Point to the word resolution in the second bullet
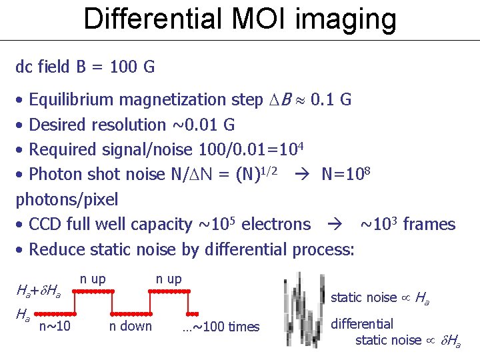(x=135, y=125)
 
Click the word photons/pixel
(x=67, y=199)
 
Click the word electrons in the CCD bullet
(x=275, y=224)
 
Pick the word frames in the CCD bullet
(x=428, y=224)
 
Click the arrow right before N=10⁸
(x=301, y=175)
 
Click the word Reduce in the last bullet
(x=55, y=249)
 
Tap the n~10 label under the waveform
(x=55, y=326)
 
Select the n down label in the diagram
(x=131, y=326)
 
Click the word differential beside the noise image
(x=362, y=325)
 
